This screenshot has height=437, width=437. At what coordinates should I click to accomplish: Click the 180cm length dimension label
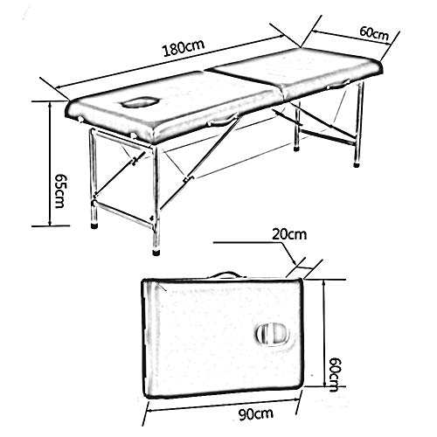(x=184, y=47)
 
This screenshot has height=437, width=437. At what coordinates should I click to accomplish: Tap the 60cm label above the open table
(x=374, y=33)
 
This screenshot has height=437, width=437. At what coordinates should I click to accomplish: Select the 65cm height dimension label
(x=59, y=191)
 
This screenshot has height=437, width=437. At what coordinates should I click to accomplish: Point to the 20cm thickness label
(x=289, y=234)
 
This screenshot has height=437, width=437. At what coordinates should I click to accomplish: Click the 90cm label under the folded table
(x=256, y=414)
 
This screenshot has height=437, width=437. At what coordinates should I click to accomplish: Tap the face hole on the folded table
(x=273, y=335)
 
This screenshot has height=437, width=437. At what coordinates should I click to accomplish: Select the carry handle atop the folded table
(x=225, y=275)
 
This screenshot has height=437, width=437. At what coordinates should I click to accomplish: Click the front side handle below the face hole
(x=222, y=121)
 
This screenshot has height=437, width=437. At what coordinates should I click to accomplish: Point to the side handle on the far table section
(x=338, y=86)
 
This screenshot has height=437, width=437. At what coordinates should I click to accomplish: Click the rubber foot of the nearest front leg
(x=156, y=252)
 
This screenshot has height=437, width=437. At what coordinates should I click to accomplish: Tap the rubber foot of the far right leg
(x=357, y=164)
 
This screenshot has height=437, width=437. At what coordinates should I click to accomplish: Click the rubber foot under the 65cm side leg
(x=94, y=225)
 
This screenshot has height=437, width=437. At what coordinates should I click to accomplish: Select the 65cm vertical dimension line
(x=51, y=163)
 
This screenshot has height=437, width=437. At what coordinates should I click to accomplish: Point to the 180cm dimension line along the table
(x=170, y=61)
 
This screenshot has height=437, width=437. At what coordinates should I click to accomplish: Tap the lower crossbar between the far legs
(x=328, y=137)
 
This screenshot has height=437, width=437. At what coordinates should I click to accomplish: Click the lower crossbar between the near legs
(x=124, y=213)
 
